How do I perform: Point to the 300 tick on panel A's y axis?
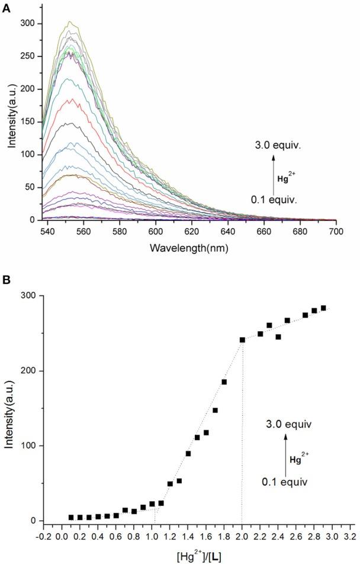(29, 24)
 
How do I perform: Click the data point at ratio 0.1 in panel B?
(71, 517)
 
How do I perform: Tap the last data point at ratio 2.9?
(323, 308)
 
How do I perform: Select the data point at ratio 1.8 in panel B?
(224, 382)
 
